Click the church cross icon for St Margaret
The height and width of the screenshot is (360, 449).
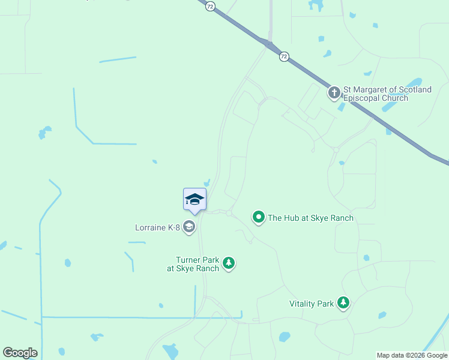click(x=334, y=93)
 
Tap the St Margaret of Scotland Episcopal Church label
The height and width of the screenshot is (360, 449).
click(x=387, y=94)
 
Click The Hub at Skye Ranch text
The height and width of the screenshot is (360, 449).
click(x=310, y=218)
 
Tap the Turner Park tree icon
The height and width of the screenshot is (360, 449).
click(x=228, y=263)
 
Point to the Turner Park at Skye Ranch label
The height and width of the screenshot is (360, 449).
click(x=193, y=264)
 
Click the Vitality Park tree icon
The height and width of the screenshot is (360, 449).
click(x=343, y=302)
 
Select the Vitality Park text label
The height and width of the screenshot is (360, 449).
click(x=311, y=304)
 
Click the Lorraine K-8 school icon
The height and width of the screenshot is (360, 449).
click(x=189, y=227)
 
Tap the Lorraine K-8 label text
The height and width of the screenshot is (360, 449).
click(x=158, y=227)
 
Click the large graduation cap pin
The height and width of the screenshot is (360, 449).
click(x=194, y=199)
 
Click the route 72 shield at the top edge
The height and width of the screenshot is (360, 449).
click(x=209, y=5)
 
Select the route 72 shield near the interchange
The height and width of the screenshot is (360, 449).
click(x=284, y=56)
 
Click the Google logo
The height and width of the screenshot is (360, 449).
click(x=20, y=353)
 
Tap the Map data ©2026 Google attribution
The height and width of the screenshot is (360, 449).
click(x=412, y=355)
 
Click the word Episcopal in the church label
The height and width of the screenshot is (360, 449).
click(x=362, y=98)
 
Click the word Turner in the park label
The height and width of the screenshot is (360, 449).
click(x=188, y=260)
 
